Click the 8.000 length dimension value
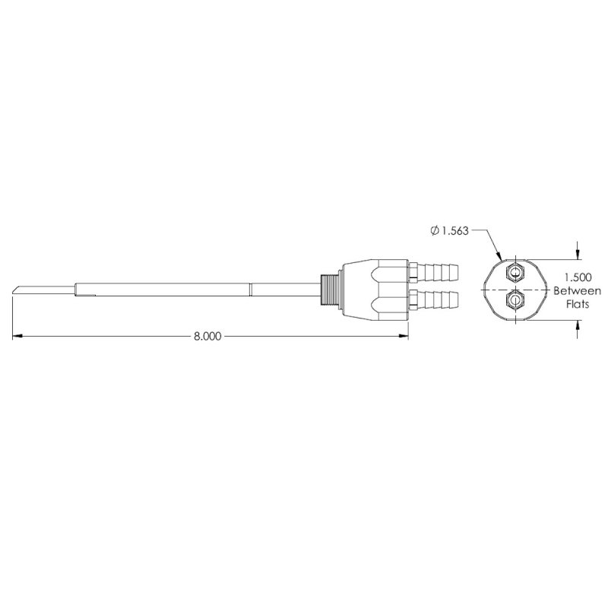click(x=207, y=336)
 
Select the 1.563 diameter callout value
click(x=455, y=231)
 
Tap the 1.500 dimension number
click(x=578, y=277)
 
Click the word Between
click(x=578, y=291)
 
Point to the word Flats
click(x=578, y=304)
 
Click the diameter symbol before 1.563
click(x=435, y=231)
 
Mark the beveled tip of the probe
click(x=16, y=290)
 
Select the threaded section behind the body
click(x=330, y=290)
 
